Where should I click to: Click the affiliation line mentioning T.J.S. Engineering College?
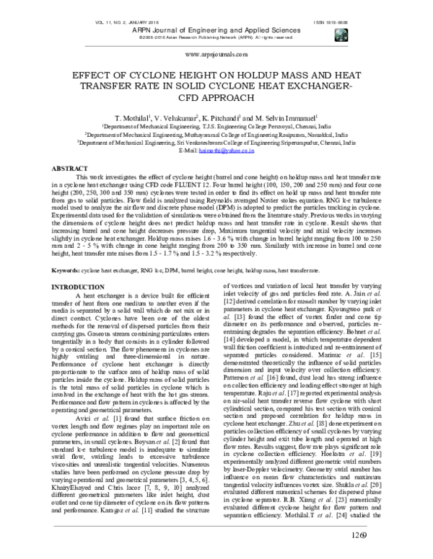coord(215,125)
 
